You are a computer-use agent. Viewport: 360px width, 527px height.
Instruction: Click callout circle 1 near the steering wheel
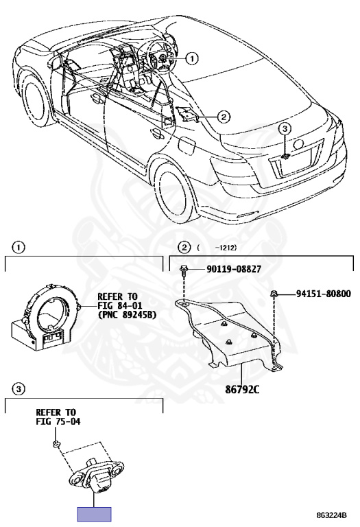[x=192, y=58]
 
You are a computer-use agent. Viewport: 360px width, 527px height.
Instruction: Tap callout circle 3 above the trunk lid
[x=285, y=128]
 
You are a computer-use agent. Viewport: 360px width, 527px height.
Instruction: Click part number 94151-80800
[x=323, y=294]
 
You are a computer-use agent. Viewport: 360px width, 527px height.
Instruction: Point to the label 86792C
[x=242, y=390]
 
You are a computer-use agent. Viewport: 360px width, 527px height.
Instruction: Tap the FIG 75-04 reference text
[x=58, y=421]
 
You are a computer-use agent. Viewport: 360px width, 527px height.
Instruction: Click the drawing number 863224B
[x=331, y=515]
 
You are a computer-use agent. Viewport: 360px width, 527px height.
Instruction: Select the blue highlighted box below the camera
[x=95, y=514]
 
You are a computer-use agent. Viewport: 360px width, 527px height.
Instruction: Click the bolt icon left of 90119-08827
[x=184, y=270]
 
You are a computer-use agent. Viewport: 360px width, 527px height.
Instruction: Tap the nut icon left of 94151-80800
[x=274, y=294]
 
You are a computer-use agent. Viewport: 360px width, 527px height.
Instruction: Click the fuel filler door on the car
[x=187, y=147]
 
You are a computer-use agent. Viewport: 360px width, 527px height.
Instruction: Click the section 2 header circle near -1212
[x=184, y=248]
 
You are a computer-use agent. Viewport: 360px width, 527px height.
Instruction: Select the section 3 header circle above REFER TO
[x=18, y=390]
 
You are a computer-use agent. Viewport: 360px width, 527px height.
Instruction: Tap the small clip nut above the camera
[x=56, y=444]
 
